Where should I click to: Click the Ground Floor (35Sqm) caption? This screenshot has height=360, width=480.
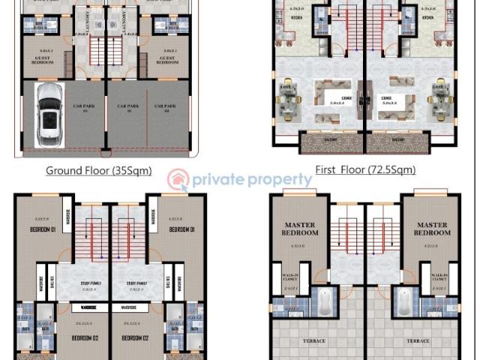click(98, 170)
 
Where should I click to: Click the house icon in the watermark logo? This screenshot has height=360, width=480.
click(178, 180)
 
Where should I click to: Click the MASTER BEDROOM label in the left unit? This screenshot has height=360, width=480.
click(300, 229)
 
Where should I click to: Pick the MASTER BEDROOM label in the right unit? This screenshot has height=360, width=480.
click(431, 229)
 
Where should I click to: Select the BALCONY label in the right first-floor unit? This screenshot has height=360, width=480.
click(392, 138)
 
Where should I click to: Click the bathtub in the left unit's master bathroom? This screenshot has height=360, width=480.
click(325, 303)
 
